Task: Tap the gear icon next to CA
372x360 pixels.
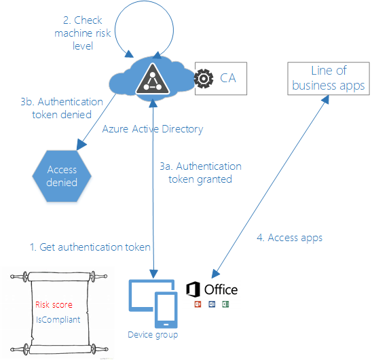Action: (x=204, y=78)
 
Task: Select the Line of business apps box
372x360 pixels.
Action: (x=328, y=78)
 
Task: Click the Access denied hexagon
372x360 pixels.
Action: (x=62, y=176)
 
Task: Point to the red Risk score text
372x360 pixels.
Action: (x=54, y=304)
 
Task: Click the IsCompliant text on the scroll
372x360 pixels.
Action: (x=58, y=319)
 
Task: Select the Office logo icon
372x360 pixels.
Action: (x=193, y=289)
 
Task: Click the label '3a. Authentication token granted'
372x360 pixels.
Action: (x=200, y=173)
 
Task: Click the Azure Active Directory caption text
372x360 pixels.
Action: (x=152, y=128)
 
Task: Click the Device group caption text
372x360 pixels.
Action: (x=153, y=335)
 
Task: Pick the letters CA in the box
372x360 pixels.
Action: (x=228, y=78)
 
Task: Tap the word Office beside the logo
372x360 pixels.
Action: (x=221, y=289)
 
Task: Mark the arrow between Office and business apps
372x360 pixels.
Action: (x=271, y=185)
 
